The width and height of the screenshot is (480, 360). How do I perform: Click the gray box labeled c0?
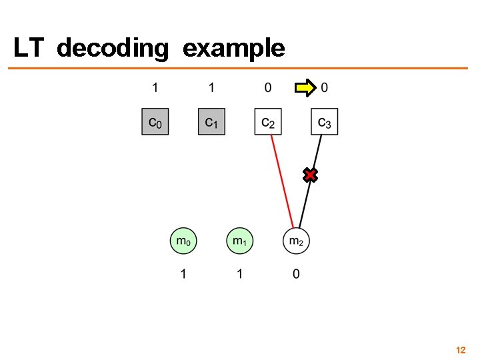pos(155,121)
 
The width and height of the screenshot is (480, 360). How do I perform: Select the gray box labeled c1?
pos(211,121)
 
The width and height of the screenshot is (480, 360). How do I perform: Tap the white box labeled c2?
pos(268,121)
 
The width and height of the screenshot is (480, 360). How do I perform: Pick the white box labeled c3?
pos(325,121)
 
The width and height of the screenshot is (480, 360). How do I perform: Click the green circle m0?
pos(183,241)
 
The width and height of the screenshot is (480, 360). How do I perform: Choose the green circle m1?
pos(239,241)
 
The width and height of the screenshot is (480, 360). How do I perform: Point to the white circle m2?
pos(296,241)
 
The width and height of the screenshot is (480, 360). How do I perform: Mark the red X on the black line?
pos(310,175)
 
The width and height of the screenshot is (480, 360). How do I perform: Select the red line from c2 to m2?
pos(282,180)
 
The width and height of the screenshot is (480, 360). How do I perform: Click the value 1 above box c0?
pos(155,87)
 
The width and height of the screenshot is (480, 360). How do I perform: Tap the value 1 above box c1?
pos(211,87)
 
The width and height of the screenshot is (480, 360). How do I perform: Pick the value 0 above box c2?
pos(268,87)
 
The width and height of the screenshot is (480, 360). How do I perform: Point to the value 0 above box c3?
pos(325,87)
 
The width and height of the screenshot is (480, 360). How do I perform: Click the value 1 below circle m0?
pos(183,274)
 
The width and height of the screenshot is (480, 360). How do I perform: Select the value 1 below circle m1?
pos(239,274)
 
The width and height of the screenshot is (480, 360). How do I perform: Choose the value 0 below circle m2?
pos(296,274)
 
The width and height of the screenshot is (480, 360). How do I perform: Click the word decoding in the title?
pos(113,48)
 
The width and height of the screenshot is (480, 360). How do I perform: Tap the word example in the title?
pos(233,48)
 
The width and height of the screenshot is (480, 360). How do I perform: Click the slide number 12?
pos(460,349)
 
